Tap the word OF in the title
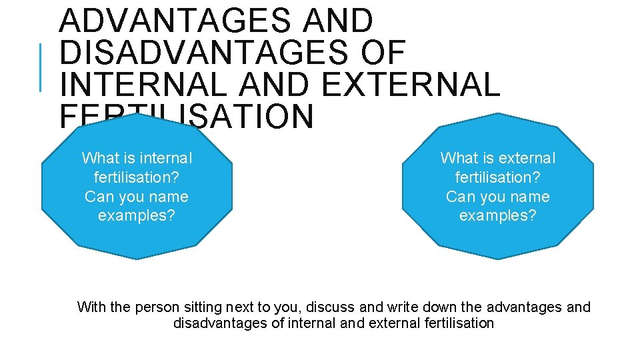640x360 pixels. (x=382, y=53)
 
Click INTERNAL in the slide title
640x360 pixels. (x=144, y=85)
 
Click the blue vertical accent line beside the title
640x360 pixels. (x=41, y=67)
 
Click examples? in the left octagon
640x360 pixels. (x=137, y=216)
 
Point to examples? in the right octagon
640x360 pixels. (x=498, y=216)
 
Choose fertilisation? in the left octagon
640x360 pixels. (x=137, y=177)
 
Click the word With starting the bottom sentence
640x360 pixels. (x=91, y=307)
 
